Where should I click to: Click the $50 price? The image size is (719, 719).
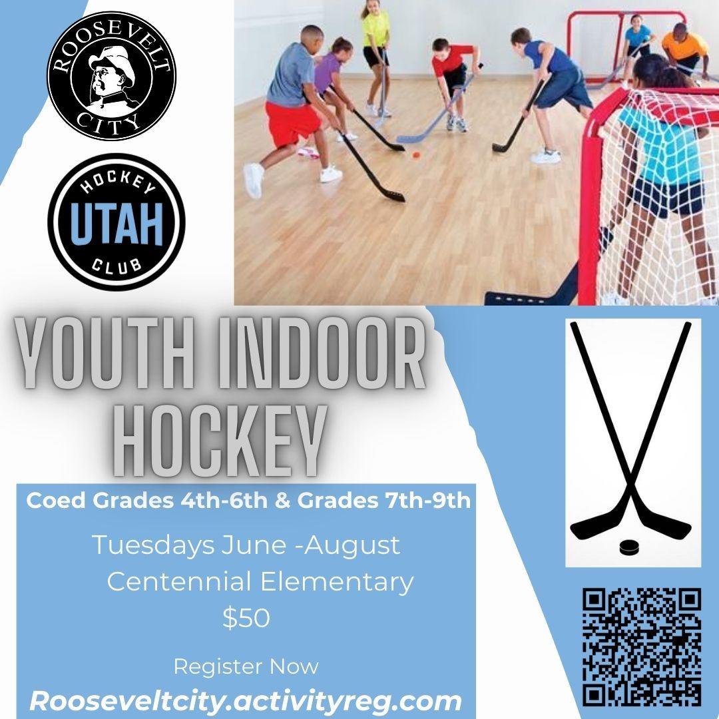click(246, 618)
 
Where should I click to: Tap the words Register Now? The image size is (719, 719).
click(246, 666)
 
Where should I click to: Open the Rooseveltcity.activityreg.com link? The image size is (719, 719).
click(245, 701)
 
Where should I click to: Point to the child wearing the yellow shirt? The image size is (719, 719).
click(376, 40)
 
